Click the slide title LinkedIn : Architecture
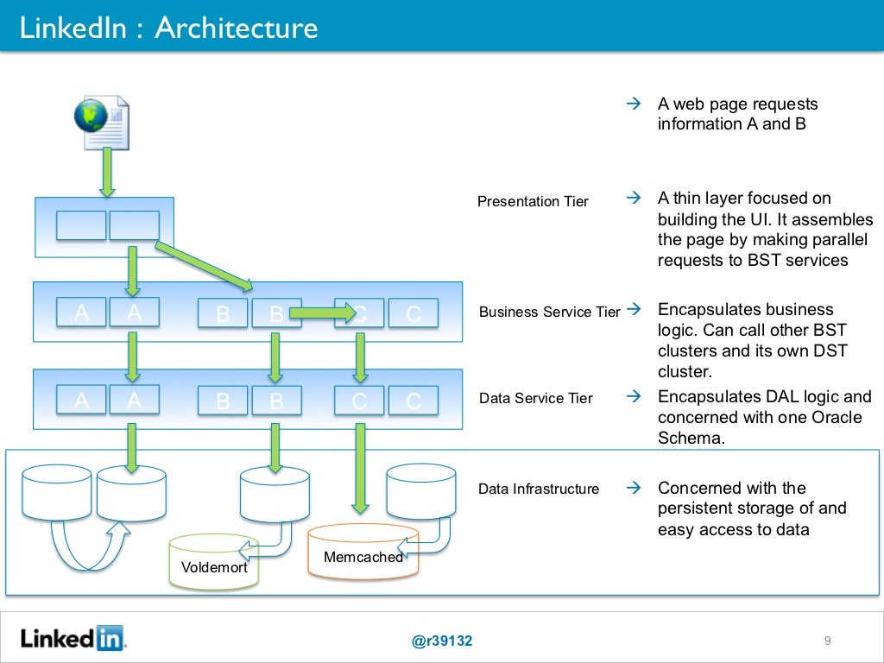[169, 28]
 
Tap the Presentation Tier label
[533, 201]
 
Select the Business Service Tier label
[549, 312]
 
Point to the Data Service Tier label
[535, 398]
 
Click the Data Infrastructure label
[538, 489]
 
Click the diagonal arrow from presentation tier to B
[205, 266]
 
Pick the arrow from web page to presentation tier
[107, 171]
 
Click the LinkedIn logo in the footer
[73, 639]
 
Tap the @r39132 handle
[442, 641]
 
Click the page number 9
[827, 641]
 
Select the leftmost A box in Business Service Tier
[81, 313]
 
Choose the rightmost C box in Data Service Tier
[413, 401]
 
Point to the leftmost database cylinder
[57, 493]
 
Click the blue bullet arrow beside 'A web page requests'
[632, 104]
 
